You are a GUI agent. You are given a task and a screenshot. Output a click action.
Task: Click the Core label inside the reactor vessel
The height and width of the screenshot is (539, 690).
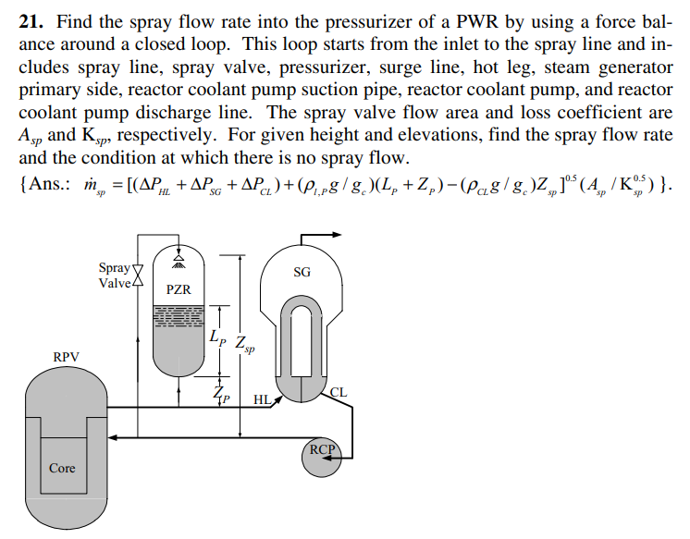tap(62, 468)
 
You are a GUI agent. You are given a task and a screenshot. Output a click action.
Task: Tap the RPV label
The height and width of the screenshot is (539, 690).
tap(67, 355)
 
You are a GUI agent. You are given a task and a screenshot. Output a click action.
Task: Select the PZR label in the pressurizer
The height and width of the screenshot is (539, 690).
tap(179, 289)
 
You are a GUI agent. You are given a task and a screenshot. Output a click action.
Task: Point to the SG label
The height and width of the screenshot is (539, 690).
tap(302, 272)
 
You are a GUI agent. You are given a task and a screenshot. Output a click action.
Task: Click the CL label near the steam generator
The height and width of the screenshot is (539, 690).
tap(339, 392)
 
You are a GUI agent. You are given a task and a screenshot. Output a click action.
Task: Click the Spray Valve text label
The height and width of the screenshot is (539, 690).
tap(115, 275)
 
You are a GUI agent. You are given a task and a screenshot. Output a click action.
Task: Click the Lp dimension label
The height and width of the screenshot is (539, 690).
tap(216, 338)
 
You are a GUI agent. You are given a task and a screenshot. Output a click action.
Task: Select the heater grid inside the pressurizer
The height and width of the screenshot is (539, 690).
tap(179, 316)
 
